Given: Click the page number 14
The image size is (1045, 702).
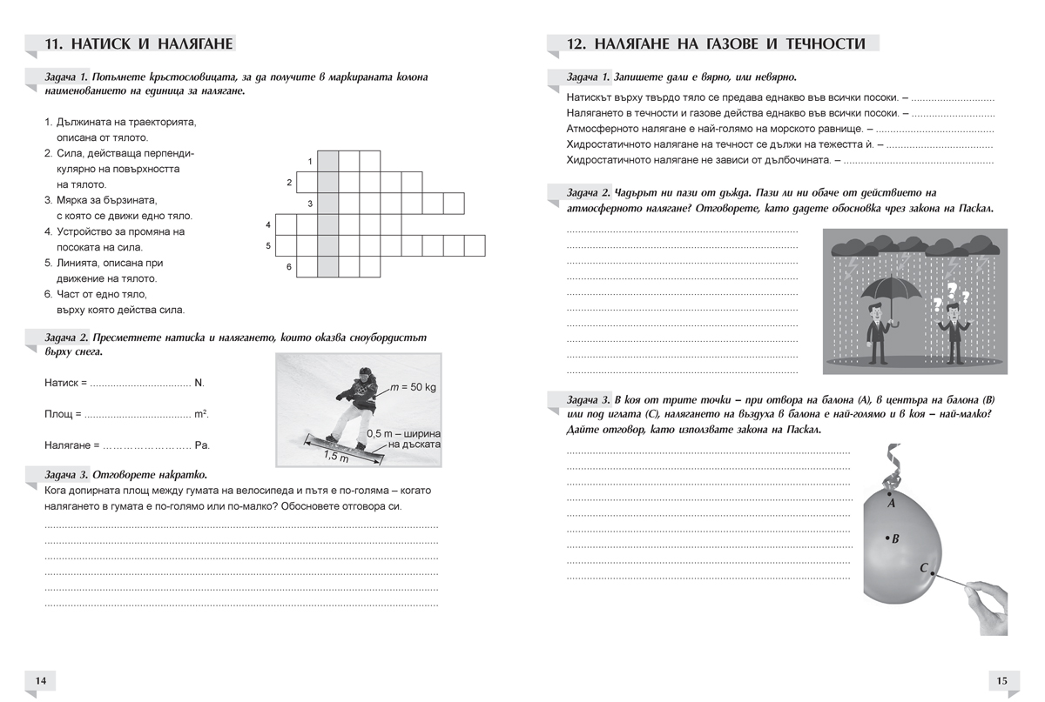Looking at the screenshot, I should pyautogui.click(x=42, y=680).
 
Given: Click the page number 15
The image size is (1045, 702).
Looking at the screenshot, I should pyautogui.click(x=1001, y=680).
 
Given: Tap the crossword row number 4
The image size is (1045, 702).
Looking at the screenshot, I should pyautogui.click(x=268, y=225).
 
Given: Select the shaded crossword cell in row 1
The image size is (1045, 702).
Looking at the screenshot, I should pyautogui.click(x=327, y=162).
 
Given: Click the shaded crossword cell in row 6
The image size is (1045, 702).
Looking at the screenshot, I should pyautogui.click(x=327, y=266).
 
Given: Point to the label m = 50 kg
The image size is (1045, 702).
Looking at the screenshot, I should pyautogui.click(x=413, y=386).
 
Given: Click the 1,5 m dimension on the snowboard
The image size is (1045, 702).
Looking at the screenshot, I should pyautogui.click(x=335, y=456).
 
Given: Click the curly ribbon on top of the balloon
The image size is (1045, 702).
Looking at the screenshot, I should pyautogui.click(x=890, y=465).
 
